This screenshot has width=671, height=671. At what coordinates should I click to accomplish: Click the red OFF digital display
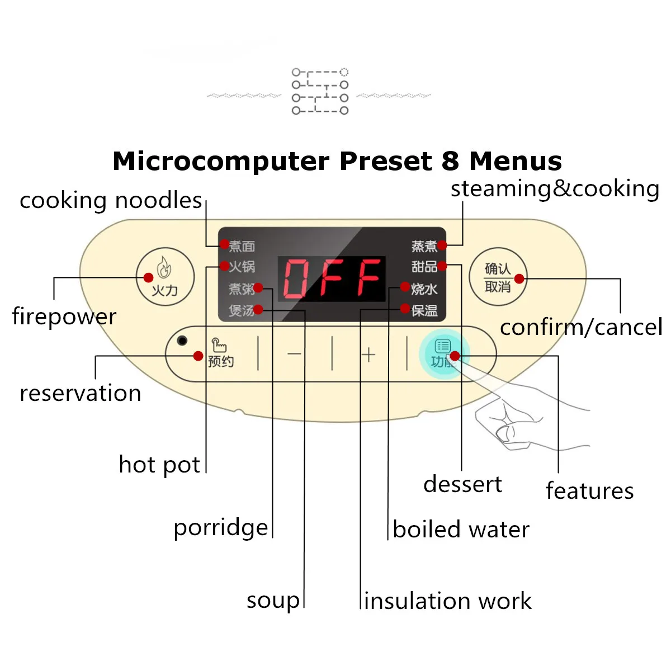pyautogui.click(x=332, y=278)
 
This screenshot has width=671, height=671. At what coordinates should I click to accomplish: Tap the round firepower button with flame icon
pyautogui.click(x=165, y=277)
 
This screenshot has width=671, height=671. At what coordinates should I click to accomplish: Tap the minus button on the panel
pyautogui.click(x=295, y=354)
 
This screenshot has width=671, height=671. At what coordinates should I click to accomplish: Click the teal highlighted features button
pyautogui.click(x=443, y=353)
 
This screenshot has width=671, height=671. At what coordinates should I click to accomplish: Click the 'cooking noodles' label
pyautogui.click(x=111, y=200)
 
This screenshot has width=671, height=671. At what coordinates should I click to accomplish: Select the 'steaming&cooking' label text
pyautogui.click(x=555, y=189)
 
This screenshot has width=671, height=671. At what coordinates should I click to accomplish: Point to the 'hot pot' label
pyautogui.click(x=159, y=465)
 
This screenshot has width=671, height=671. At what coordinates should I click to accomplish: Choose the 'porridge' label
pyautogui.click(x=220, y=528)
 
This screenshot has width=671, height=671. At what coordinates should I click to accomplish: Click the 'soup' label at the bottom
pyautogui.click(x=273, y=601)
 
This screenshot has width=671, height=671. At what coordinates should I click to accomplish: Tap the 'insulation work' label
pyautogui.click(x=447, y=601)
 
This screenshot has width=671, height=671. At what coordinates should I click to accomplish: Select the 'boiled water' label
pyautogui.click(x=461, y=530)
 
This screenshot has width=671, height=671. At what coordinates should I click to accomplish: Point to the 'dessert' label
pyautogui.click(x=462, y=484)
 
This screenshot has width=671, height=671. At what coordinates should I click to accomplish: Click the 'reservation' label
pyautogui.click(x=80, y=393)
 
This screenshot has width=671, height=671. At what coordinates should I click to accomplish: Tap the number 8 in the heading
pyautogui.click(x=450, y=161)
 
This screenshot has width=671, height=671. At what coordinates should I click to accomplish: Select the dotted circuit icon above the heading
pyautogui.click(x=320, y=91)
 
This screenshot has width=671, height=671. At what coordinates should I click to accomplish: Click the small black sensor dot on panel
pyautogui.click(x=182, y=341)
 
